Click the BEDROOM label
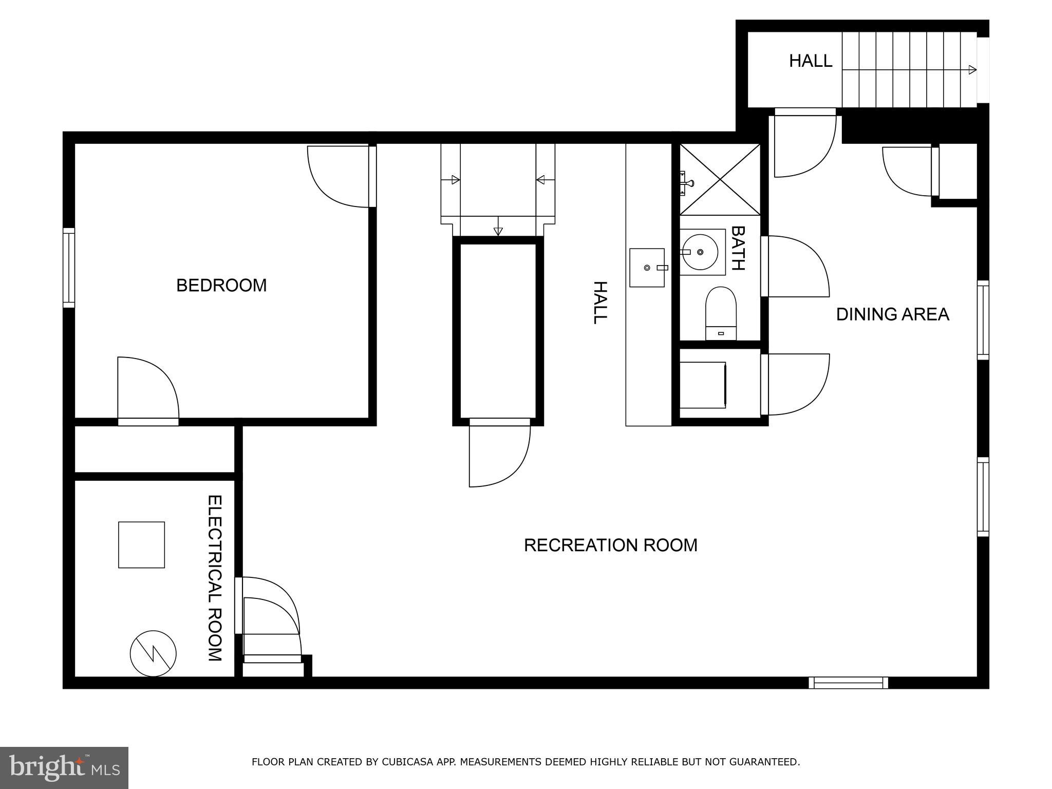pos(221,286)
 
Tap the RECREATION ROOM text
pos(610,545)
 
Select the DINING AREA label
pos(892,314)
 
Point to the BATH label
pos(738,248)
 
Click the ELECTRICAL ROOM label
pos(214,578)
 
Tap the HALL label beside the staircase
pos(810,61)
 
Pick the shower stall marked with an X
pos(720,179)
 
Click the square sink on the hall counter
pos(647,268)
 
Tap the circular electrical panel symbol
pos(153,653)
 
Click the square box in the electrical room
pos(141,544)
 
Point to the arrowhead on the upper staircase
pos(972,70)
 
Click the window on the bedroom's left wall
pos(69,268)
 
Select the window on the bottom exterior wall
pos(848,682)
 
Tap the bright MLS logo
pos(64,767)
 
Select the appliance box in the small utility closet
pos(702,385)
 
